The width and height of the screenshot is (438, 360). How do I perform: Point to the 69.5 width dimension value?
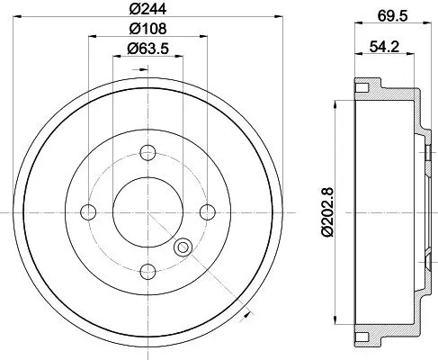[x=389, y=14]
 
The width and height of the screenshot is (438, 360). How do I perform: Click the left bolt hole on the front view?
[x=88, y=211]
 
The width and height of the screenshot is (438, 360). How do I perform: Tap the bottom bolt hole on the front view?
[x=148, y=271]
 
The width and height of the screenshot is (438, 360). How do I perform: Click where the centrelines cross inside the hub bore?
[x=148, y=211]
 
